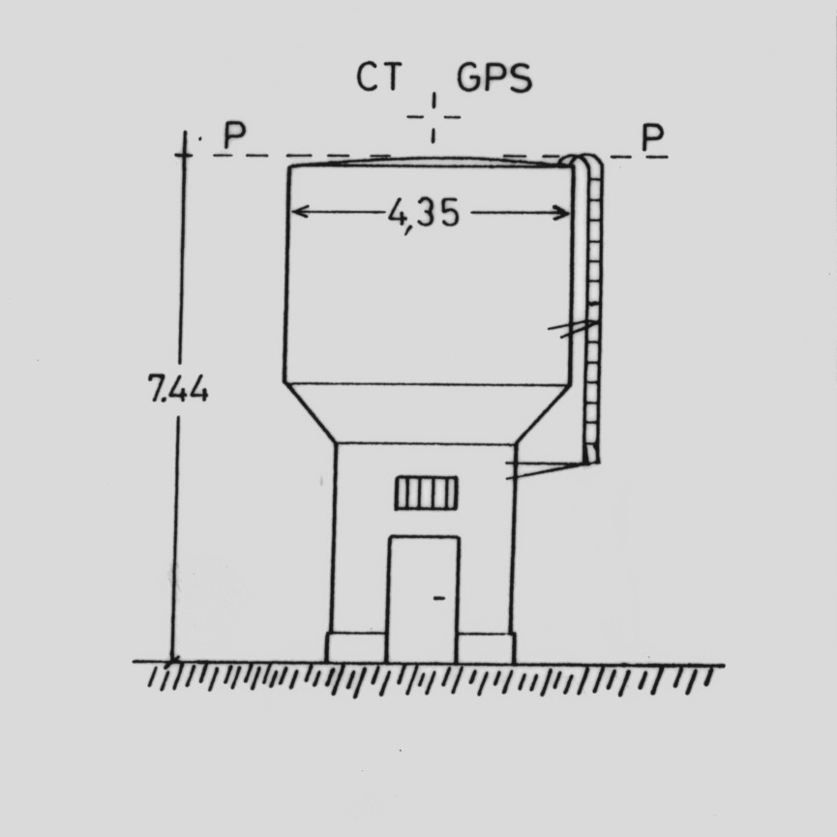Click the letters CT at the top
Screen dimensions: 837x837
378,76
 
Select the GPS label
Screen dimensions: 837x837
494,78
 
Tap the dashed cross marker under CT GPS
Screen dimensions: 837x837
433,117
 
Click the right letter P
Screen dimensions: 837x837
653,137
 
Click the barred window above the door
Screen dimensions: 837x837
427,493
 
